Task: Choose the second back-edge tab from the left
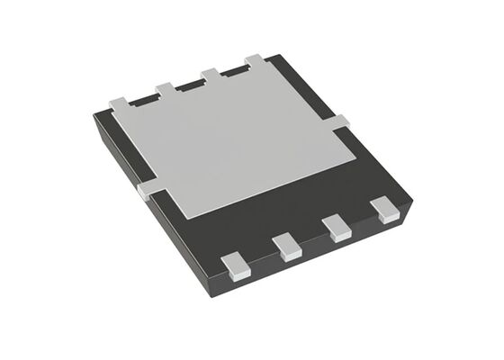pos(166,88)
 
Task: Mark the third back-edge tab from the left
pos(211,75)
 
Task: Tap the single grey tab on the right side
pos(345,121)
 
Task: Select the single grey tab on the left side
pos(143,191)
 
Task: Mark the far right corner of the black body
pos(410,203)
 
